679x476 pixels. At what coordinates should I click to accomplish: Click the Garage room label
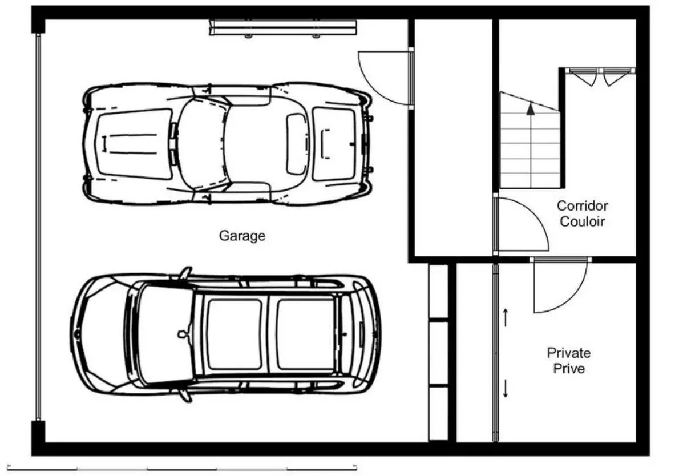(x=241, y=236)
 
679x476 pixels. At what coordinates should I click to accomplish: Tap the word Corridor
(x=582, y=205)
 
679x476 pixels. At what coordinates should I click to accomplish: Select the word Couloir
(x=582, y=221)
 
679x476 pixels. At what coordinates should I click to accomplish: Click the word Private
(x=568, y=353)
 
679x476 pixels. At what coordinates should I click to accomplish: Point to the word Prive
(x=569, y=369)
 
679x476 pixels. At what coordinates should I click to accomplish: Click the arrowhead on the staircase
(x=531, y=108)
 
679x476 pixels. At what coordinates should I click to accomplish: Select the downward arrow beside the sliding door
(x=505, y=388)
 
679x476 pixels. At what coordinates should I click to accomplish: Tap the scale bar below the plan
(x=182, y=467)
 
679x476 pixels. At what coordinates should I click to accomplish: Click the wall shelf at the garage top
(x=283, y=28)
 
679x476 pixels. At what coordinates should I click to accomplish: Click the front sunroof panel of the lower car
(x=235, y=334)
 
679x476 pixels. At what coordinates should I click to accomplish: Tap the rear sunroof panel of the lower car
(x=305, y=334)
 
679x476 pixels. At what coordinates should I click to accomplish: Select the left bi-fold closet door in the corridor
(x=583, y=76)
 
